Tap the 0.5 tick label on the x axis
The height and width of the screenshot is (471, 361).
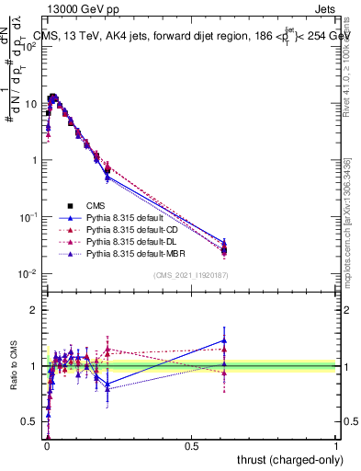click(191, 445)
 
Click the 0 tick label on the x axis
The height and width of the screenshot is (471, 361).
click(46, 445)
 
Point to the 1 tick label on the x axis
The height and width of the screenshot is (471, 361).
click(336, 445)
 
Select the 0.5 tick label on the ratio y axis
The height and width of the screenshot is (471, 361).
click(29, 421)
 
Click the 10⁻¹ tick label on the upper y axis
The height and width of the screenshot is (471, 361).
click(28, 217)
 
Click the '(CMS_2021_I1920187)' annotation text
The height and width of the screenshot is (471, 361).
click(191, 276)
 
